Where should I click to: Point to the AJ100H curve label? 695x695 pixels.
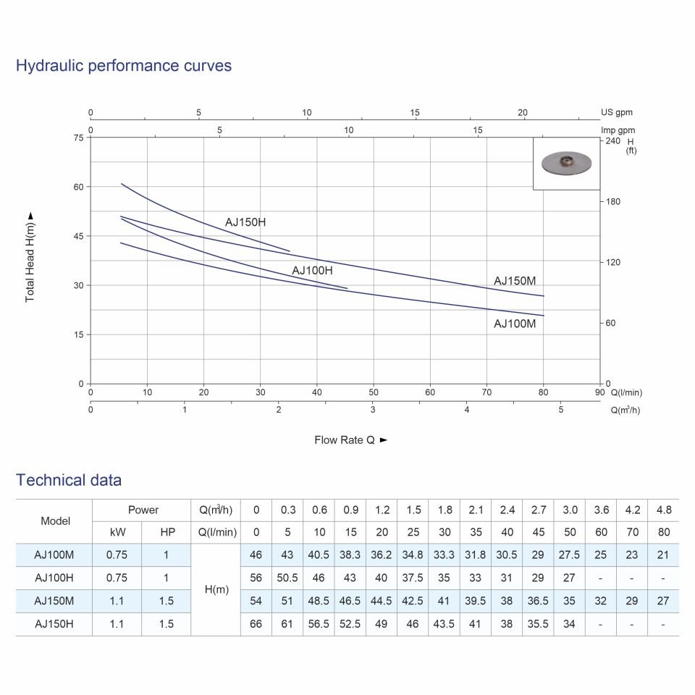(x=312, y=271)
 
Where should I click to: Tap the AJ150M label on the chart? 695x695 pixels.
(x=515, y=281)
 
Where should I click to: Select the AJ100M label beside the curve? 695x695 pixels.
(x=515, y=324)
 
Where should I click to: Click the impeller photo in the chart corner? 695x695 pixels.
(x=566, y=163)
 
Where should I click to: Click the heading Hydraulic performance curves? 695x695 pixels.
(x=124, y=66)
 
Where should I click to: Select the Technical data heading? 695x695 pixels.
(x=69, y=480)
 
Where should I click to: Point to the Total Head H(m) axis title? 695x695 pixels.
(x=30, y=257)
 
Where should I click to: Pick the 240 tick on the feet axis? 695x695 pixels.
(x=612, y=140)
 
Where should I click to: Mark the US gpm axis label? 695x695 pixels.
(x=617, y=113)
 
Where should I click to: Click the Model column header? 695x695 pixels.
(x=56, y=521)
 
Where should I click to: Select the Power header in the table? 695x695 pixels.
(x=143, y=510)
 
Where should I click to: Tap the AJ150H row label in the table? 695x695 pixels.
(x=54, y=624)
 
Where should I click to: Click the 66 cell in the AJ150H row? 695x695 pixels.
(x=256, y=624)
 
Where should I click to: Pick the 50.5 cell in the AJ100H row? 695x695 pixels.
(x=287, y=578)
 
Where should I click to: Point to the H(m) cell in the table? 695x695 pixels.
(x=216, y=589)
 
